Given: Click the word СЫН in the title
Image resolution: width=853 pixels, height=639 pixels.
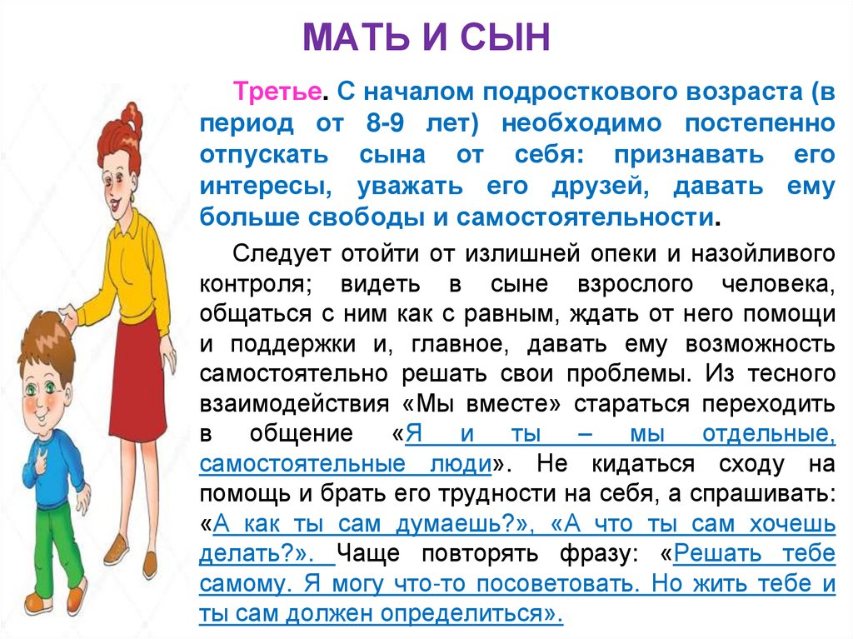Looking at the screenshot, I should [511, 38].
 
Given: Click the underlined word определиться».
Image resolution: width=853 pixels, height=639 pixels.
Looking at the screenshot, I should [470, 614].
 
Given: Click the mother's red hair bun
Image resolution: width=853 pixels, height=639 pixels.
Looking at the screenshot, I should [131, 117].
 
